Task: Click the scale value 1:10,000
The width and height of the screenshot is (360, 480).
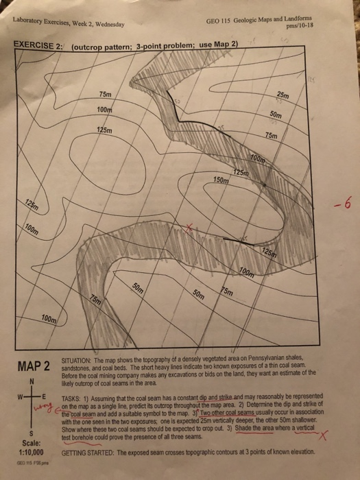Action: pos(27,453)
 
